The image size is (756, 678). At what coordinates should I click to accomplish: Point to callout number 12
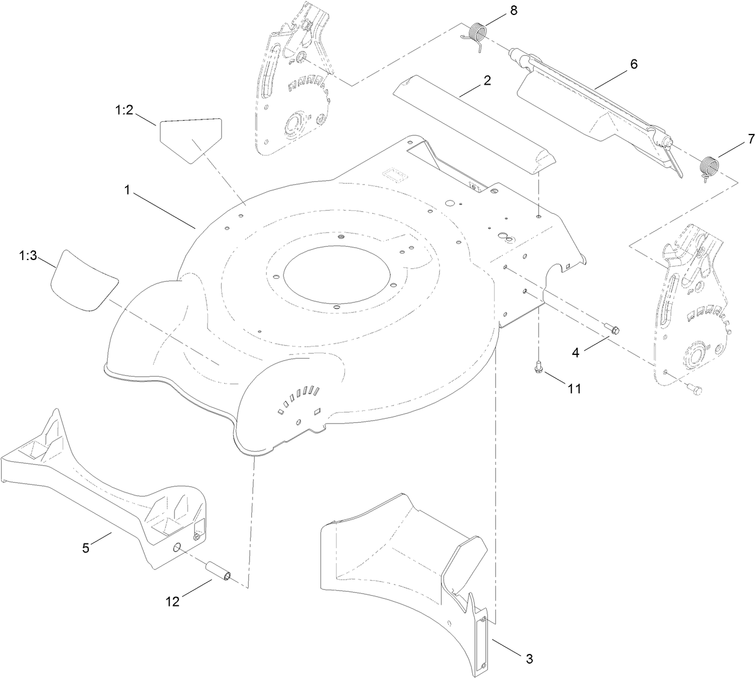(x=173, y=601)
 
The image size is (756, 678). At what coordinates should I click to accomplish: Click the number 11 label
(x=574, y=389)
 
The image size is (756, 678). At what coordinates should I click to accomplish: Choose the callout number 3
(x=529, y=658)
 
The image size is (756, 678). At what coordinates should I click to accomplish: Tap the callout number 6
(x=633, y=64)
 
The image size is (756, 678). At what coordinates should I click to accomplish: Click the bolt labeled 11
(x=539, y=366)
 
